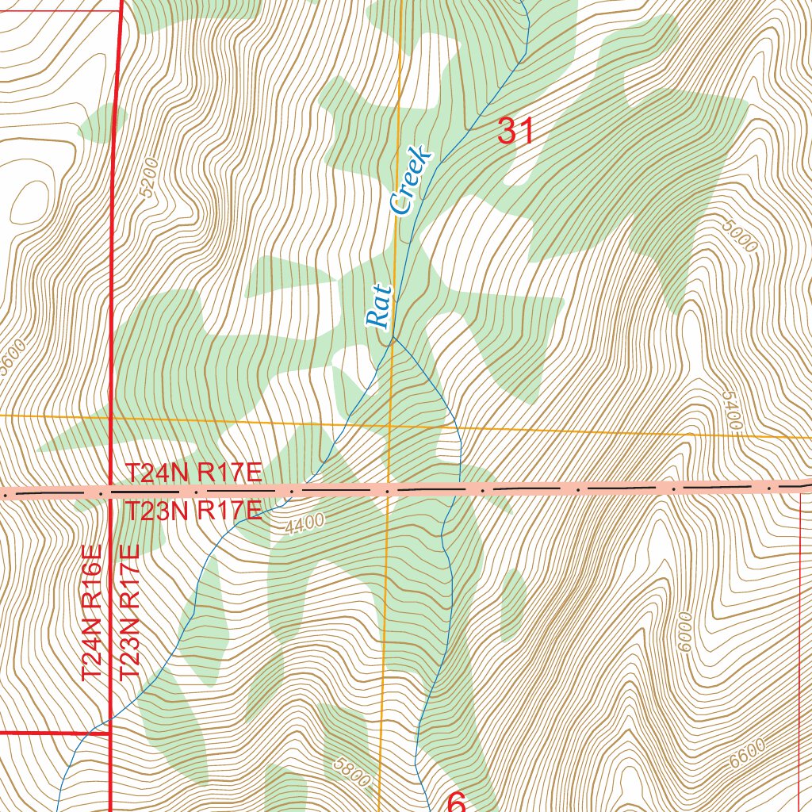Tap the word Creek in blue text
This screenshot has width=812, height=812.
click(412, 180)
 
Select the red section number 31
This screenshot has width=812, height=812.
click(515, 131)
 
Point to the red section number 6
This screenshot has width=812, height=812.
click(457, 801)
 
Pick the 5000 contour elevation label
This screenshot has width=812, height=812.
click(741, 236)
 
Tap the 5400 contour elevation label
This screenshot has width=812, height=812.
click(731, 410)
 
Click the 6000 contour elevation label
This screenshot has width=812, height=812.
click(684, 631)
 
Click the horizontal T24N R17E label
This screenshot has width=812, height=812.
click(193, 474)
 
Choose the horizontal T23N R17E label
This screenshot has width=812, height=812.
click(193, 511)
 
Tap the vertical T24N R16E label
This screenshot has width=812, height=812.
click(92, 611)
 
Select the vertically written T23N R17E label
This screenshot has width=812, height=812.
click(128, 611)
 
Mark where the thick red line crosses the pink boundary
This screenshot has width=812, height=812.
click(109, 492)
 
